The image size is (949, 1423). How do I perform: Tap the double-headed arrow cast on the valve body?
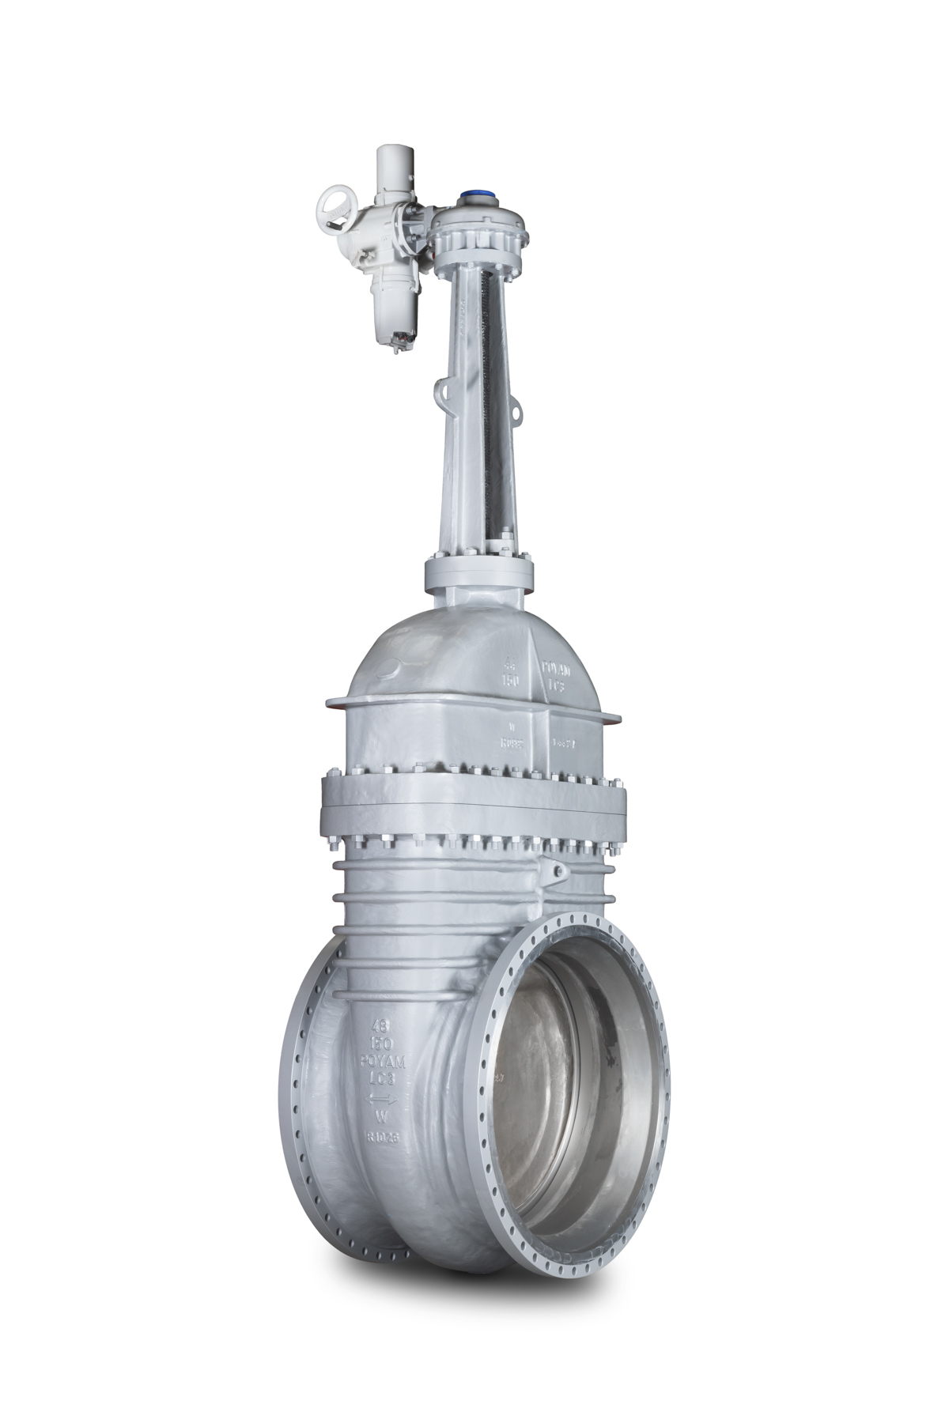coord(382,1099)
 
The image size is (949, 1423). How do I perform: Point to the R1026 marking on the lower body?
coord(381,1137)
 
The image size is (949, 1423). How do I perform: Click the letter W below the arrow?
coord(381,1117)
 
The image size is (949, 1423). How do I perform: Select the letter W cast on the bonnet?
coord(512,725)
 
